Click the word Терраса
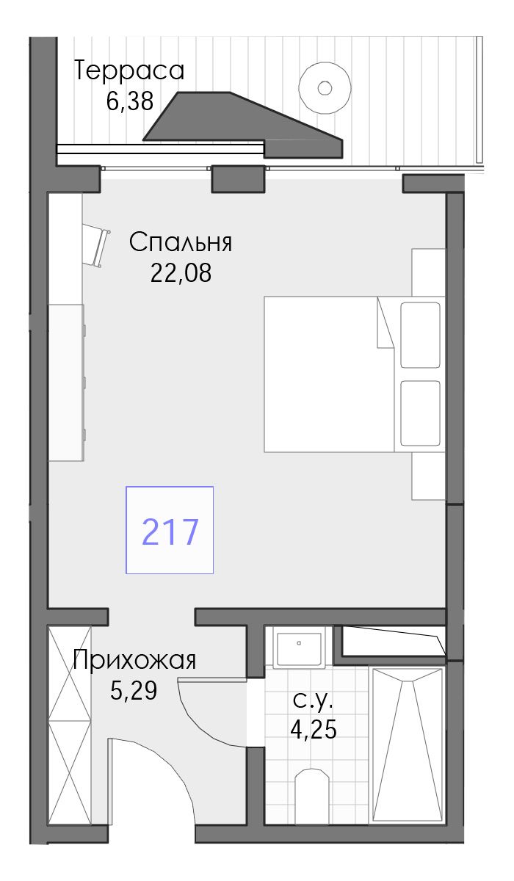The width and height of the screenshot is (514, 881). [x=129, y=70]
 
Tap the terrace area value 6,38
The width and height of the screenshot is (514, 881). [x=130, y=101]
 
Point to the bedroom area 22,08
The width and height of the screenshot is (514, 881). [x=181, y=273]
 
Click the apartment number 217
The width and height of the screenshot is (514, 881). [x=170, y=532]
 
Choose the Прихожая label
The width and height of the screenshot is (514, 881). [x=134, y=660]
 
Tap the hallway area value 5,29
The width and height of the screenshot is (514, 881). [x=134, y=691]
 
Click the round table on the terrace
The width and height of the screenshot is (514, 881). [x=325, y=88]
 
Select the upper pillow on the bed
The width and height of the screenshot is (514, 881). [x=420, y=335]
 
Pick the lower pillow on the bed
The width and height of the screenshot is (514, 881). [x=420, y=413]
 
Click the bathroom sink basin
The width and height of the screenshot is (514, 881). [x=299, y=649]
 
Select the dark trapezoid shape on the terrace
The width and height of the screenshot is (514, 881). [x=242, y=125]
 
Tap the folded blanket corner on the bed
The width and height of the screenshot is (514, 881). [x=385, y=322]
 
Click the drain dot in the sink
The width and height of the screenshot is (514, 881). [x=299, y=643]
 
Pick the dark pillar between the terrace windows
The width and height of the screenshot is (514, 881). [x=237, y=179]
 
